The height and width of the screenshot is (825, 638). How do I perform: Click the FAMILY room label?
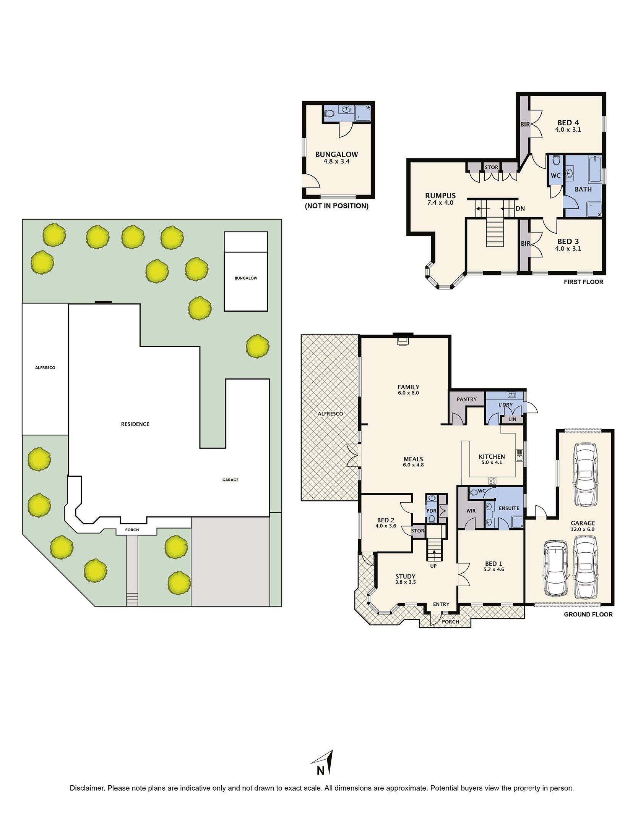(408, 387)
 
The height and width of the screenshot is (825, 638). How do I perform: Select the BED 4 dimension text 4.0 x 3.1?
(568, 129)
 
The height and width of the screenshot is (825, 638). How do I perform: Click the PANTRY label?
(466, 399)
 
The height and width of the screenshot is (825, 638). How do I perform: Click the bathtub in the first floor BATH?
(594, 170)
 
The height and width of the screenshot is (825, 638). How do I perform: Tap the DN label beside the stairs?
(520, 209)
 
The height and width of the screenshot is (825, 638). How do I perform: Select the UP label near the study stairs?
(433, 566)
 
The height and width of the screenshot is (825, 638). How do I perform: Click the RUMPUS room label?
(440, 196)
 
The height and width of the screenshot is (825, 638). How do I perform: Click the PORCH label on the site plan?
(132, 530)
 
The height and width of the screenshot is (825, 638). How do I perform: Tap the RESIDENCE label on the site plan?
(135, 424)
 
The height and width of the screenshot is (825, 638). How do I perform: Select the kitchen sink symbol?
(519, 455)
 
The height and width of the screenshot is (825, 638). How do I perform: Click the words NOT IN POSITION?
(336, 206)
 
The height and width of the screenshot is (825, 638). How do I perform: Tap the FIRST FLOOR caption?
(583, 282)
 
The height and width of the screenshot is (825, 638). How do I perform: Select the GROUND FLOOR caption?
(588, 614)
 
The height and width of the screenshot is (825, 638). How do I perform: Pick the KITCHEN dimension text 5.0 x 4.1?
(492, 462)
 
